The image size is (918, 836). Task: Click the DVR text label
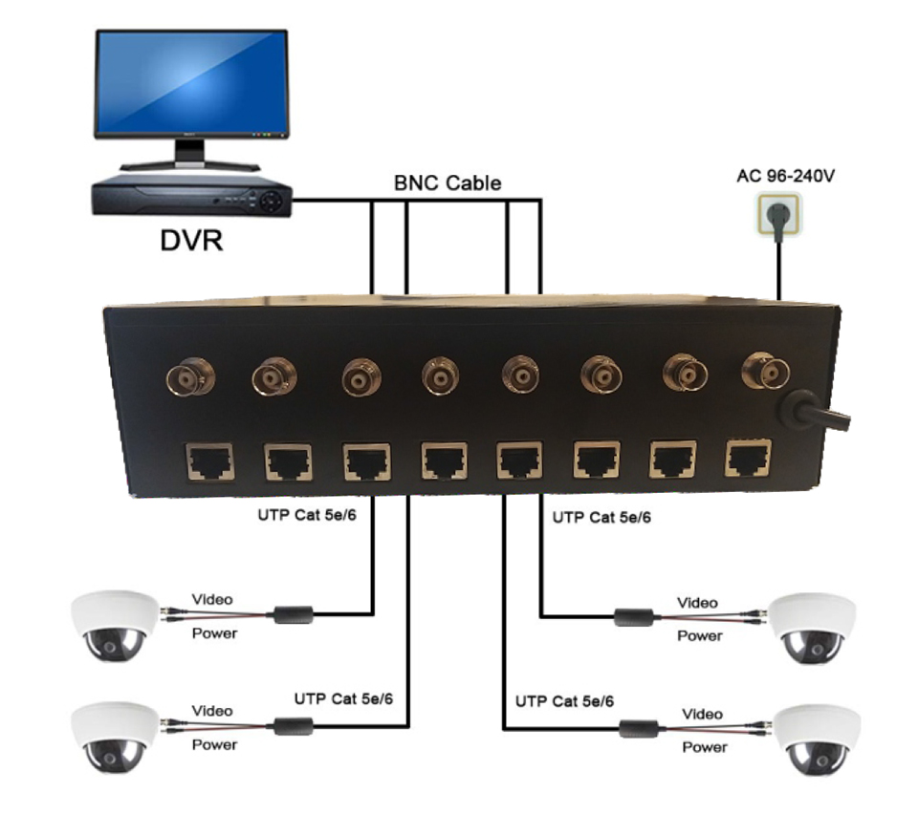[191, 241]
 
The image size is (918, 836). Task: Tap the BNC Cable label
[448, 183]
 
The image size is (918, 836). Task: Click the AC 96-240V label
[785, 176]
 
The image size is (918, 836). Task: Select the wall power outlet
[778, 216]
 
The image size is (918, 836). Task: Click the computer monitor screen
[191, 81]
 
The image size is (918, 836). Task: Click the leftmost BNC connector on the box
[190, 378]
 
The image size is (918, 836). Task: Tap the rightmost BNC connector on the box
[766, 371]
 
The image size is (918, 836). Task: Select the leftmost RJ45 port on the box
[209, 462]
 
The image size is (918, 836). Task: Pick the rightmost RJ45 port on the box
[748, 458]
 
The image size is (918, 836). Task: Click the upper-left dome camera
[115, 625]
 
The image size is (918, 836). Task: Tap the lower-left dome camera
[115, 738]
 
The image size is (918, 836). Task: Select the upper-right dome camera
[813, 629]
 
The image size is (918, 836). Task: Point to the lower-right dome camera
[818, 740]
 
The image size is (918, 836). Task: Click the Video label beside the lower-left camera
[212, 711]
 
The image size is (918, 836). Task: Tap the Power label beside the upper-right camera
[700, 636]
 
